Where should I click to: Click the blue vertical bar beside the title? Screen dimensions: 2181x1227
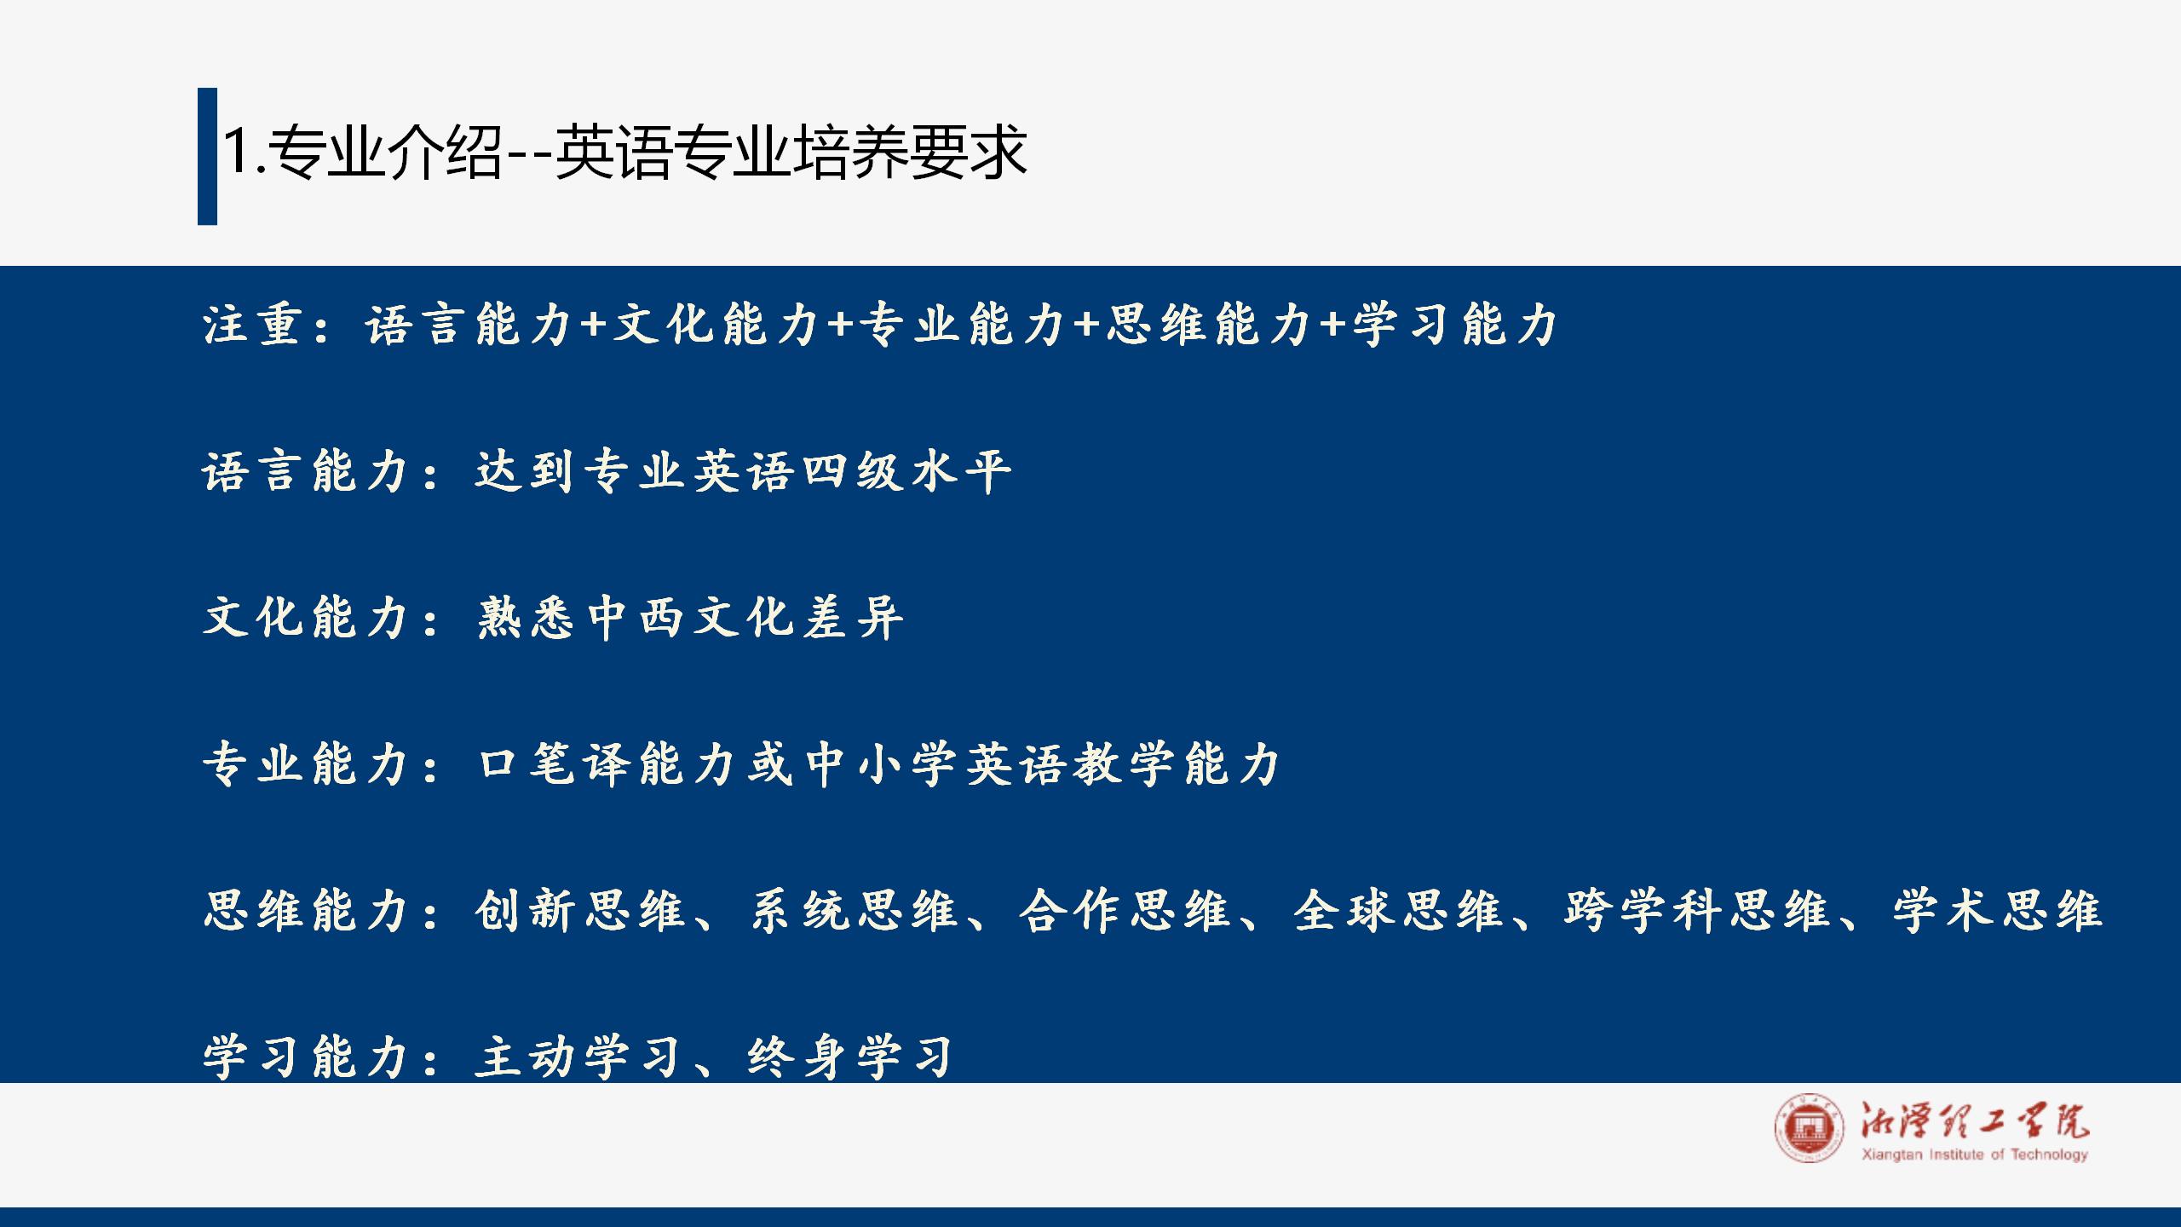(207, 156)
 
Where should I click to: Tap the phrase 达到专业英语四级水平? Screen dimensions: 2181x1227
(744, 470)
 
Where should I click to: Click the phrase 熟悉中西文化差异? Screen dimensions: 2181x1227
(690, 617)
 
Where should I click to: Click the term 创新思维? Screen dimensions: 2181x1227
(581, 910)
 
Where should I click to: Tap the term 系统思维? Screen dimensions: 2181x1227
(854, 910)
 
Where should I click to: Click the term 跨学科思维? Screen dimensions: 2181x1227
(1697, 910)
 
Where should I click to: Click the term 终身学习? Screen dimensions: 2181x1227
(850, 1057)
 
